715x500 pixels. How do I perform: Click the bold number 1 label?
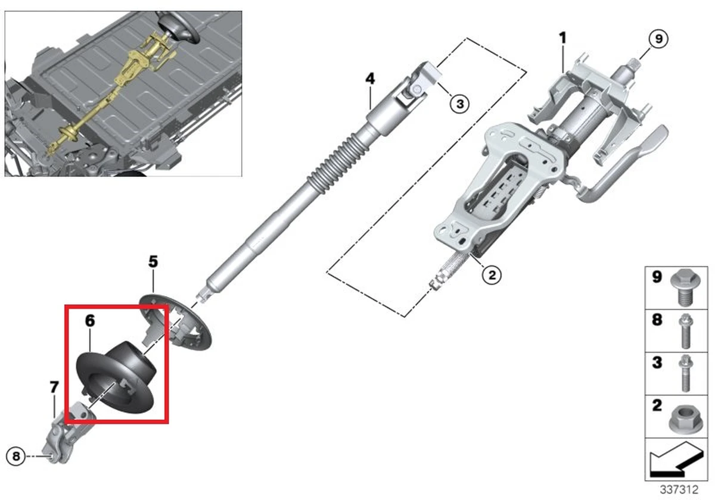pyautogui.click(x=562, y=37)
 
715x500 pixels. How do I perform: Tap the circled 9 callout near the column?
pyautogui.click(x=658, y=39)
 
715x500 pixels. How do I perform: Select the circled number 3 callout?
pyautogui.click(x=459, y=104)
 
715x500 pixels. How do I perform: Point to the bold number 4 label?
pyautogui.click(x=370, y=79)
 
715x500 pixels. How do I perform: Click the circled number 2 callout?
pyautogui.click(x=492, y=275)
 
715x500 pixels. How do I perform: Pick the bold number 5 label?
pyautogui.click(x=153, y=261)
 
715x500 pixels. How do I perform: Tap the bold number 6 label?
pyautogui.click(x=90, y=320)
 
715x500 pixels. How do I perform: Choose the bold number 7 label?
pyautogui.click(x=54, y=387)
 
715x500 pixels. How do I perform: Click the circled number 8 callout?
pyautogui.click(x=16, y=457)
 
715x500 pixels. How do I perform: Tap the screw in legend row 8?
pyautogui.click(x=686, y=331)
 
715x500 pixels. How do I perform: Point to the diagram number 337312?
pyautogui.click(x=679, y=489)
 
